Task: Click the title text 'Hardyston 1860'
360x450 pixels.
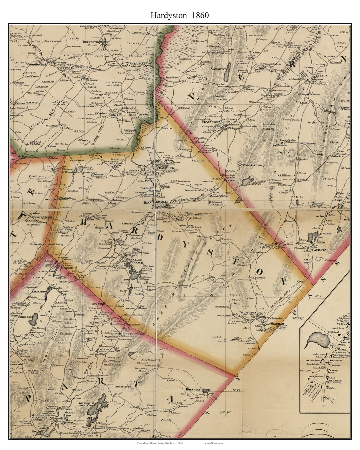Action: (x=180, y=15)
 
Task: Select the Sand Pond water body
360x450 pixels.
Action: (x=247, y=182)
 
